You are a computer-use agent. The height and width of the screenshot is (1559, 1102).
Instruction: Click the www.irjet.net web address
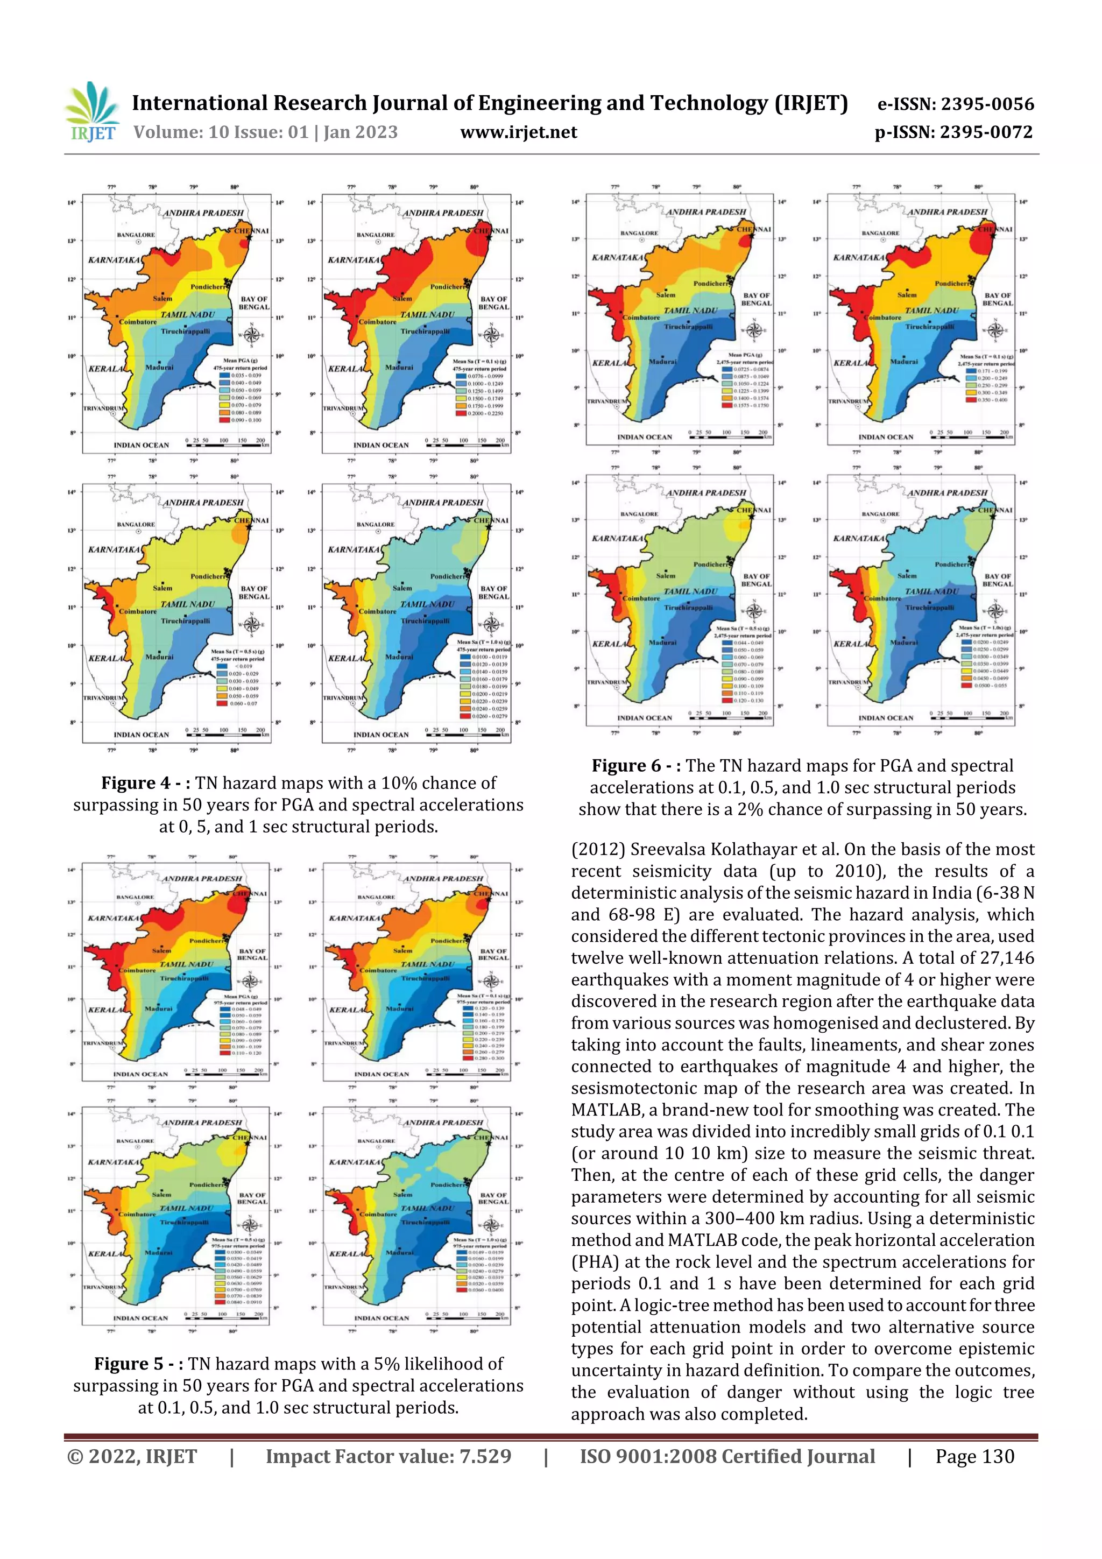(519, 132)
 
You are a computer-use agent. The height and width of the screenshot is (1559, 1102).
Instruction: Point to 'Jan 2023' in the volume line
(361, 132)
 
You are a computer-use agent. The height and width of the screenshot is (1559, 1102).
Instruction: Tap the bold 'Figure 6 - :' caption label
(636, 766)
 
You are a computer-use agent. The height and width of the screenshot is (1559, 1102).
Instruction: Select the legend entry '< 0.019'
(242, 666)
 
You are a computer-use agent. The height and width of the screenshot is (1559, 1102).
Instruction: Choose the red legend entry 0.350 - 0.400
(991, 400)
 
